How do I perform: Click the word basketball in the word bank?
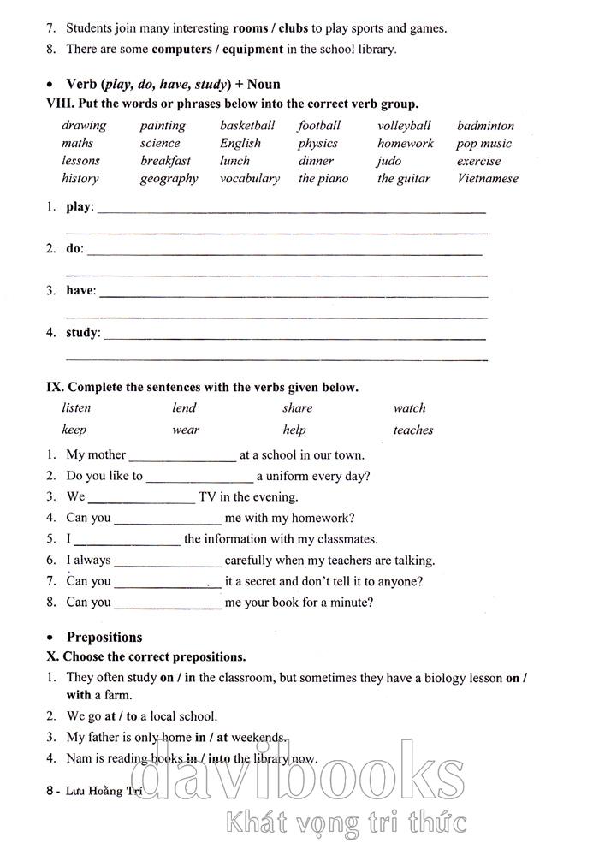pos(247,126)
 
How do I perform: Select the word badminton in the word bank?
pos(485,126)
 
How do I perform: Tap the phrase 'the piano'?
pos(323,179)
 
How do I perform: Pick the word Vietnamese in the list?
pos(488,179)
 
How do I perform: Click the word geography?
pos(169,179)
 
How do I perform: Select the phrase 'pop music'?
pos(483,144)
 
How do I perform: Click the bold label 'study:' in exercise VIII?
pos(83,332)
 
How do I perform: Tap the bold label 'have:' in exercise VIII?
pos(81,290)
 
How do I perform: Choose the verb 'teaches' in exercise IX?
pos(413,430)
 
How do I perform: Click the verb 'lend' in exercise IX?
pos(184,408)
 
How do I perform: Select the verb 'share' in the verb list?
pos(298,408)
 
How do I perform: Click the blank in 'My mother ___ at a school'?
pos(182,456)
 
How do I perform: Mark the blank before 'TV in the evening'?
pos(142,497)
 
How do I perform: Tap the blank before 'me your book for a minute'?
pos(168,603)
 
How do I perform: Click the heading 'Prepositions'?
pos(104,638)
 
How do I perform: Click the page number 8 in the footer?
pos(50,793)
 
